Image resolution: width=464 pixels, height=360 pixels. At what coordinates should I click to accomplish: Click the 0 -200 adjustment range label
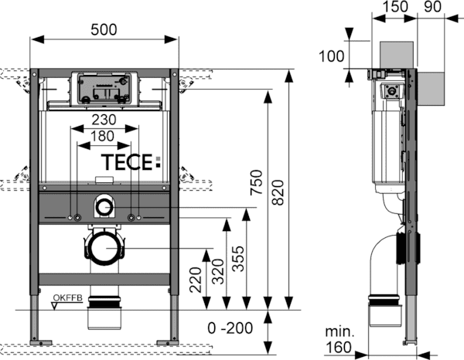pos(230,328)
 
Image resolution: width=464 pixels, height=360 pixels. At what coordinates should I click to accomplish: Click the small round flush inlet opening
pos(102,206)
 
